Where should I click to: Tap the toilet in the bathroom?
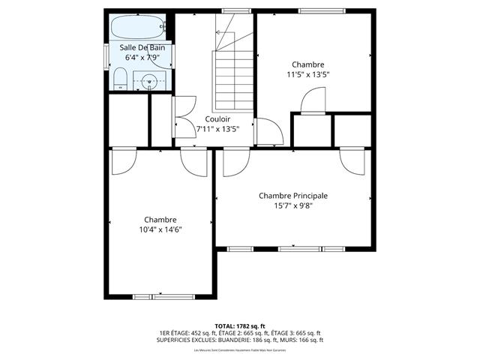pyautogui.click(x=120, y=77)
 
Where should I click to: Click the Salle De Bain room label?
pyautogui.click(x=142, y=47)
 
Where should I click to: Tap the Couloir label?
pyautogui.click(x=217, y=119)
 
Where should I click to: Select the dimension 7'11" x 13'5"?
pyautogui.click(x=217, y=129)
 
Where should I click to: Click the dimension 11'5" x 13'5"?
pyautogui.click(x=308, y=74)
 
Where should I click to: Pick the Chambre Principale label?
pyautogui.click(x=293, y=195)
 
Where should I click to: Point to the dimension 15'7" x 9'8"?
pyautogui.click(x=293, y=205)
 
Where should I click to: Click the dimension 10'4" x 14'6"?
pyautogui.click(x=161, y=229)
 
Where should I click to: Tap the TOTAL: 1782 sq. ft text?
pyautogui.click(x=240, y=325)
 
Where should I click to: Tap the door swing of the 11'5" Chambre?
pyautogui.click(x=314, y=100)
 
